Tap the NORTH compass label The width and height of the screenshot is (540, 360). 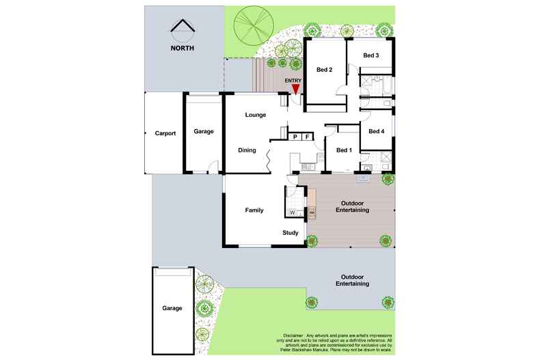coord(183,49)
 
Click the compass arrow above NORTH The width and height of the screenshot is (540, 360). coord(183,29)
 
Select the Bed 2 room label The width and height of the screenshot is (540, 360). coord(324,70)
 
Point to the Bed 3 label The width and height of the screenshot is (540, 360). coord(370,55)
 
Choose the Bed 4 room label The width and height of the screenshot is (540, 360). coord(377,131)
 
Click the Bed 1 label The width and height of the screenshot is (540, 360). coord(344,151)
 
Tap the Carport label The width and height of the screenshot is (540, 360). coord(165,133)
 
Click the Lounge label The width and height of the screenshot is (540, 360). coord(256,115)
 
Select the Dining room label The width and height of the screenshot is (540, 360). coord(247,151)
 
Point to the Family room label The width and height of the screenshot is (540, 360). coord(254,210)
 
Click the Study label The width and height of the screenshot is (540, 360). coord(291,234)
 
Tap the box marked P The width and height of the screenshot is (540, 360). coord(295,137)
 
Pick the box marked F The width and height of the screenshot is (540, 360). coord(308,137)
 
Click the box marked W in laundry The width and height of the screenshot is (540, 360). coord(293,213)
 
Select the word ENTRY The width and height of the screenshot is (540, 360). coord(293,81)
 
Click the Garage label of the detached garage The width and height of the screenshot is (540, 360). coord(172,308)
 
